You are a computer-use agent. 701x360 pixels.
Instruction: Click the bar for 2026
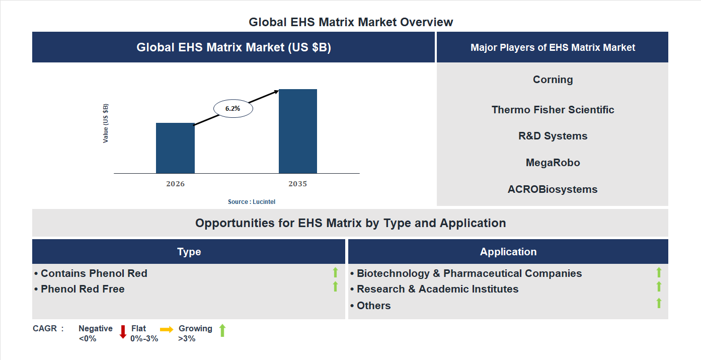point(175,148)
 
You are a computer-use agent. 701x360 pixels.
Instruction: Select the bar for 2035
point(298,131)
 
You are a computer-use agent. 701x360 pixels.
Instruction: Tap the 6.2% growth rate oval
point(233,108)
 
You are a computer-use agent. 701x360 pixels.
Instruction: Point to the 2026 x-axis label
point(175,184)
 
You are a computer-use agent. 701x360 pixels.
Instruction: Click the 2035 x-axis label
point(297,184)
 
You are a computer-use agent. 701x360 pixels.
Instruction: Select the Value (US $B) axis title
point(106,123)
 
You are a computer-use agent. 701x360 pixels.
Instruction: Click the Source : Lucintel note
point(252,202)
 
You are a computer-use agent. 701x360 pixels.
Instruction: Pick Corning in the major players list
point(553,80)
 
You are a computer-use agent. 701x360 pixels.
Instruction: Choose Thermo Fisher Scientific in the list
point(553,110)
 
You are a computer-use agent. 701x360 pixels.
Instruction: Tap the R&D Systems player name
point(553,136)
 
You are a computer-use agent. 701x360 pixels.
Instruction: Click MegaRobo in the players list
point(553,163)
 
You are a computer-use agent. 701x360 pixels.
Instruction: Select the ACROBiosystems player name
point(553,189)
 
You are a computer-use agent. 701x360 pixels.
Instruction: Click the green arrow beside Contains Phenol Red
point(335,272)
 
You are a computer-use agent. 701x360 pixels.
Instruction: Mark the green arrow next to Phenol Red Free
point(335,286)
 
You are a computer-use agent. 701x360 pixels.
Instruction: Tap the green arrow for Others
point(659,303)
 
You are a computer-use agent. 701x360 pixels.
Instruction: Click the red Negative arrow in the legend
point(123,332)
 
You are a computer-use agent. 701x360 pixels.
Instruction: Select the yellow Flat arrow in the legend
point(167,329)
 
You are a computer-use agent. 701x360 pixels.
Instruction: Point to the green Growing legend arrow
point(222,330)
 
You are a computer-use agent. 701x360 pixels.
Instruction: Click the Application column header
point(508,252)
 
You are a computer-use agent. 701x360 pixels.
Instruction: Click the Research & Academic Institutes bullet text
point(437,289)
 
